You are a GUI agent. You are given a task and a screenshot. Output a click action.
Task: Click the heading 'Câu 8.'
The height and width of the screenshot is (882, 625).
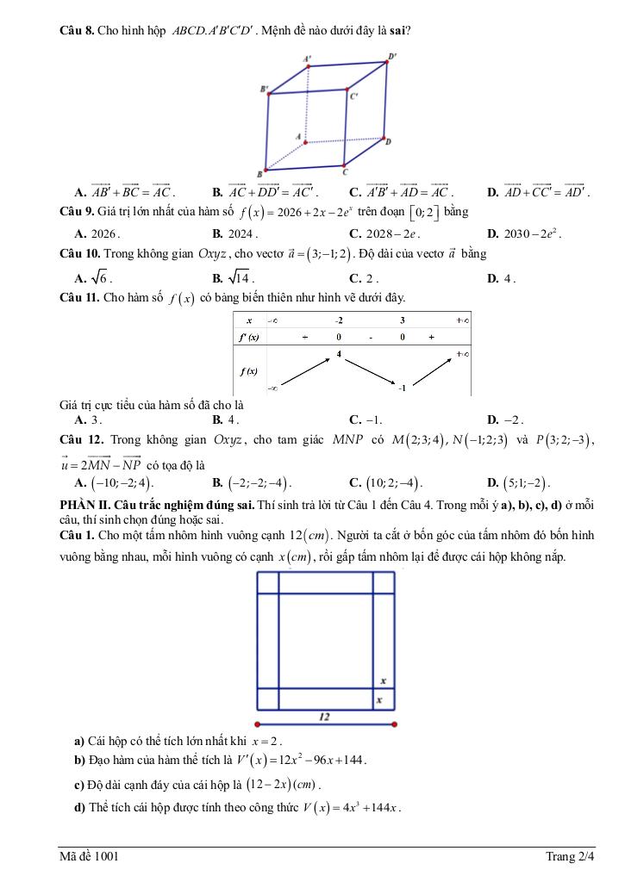point(77,31)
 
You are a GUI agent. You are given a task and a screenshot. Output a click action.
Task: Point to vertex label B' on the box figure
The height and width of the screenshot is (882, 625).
point(263,88)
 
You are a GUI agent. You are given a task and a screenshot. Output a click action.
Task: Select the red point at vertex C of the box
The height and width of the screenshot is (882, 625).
point(345,165)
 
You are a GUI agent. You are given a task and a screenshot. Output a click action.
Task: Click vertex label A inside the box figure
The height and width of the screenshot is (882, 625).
point(298,136)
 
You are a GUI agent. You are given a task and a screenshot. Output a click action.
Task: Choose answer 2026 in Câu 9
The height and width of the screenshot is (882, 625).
point(103,233)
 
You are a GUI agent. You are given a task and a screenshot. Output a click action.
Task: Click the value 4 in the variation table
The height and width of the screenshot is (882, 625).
point(339,353)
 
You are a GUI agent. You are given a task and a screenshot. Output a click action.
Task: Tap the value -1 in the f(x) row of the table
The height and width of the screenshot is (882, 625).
point(401,388)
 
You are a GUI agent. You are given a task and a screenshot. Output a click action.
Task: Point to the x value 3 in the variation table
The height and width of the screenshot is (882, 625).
point(402,320)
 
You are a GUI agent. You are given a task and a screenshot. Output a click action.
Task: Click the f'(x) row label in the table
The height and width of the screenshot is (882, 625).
point(248,338)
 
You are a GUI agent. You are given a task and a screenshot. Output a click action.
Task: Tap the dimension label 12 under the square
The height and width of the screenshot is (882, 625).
point(324,716)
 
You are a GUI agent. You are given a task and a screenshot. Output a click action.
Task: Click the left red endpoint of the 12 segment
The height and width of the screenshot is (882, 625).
point(258,724)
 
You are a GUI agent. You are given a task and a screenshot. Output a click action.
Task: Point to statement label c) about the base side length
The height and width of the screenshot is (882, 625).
point(80,785)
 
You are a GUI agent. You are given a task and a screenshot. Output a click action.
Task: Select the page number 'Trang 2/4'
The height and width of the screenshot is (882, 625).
point(570,856)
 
